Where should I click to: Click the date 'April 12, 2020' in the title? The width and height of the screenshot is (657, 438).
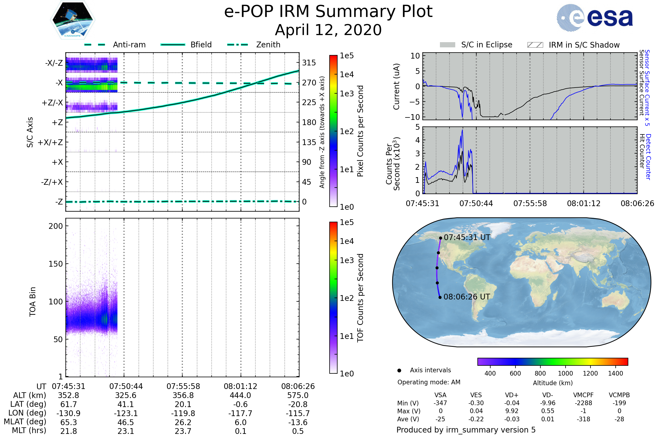tap(328, 30)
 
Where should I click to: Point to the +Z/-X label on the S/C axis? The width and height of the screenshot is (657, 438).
tap(52, 103)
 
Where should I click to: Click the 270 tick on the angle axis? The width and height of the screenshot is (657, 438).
tap(309, 83)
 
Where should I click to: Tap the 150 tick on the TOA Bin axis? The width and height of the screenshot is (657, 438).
tap(56, 264)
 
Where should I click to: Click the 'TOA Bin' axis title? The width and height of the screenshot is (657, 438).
tap(33, 301)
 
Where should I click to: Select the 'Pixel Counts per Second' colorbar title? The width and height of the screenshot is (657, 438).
tap(360, 131)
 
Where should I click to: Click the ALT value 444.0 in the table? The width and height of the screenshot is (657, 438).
tap(240, 395)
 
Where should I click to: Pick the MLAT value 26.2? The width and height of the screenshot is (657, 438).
tap(183, 422)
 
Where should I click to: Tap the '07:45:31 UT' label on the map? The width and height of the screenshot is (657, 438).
tap(467, 237)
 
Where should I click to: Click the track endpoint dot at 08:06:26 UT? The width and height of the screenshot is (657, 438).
tap(440, 297)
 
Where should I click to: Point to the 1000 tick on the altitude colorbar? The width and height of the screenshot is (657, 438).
tap(565, 373)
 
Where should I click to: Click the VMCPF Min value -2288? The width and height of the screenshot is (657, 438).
tap(583, 403)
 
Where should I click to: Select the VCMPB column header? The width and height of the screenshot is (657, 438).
tap(619, 395)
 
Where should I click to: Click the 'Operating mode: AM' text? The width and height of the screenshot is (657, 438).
tap(429, 382)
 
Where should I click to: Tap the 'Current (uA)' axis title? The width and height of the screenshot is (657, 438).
tap(396, 86)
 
